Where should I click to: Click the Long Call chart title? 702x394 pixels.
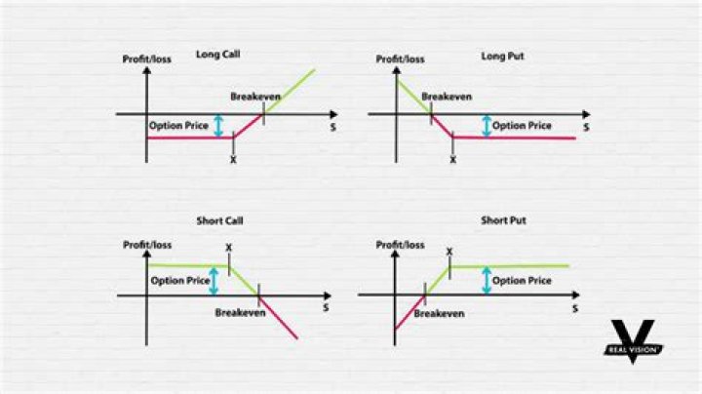point(218,55)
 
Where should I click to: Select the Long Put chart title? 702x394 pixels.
point(502,57)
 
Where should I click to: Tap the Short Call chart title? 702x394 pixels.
point(219,220)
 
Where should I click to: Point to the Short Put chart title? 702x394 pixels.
point(504,220)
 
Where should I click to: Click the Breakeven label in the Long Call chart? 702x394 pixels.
point(255,97)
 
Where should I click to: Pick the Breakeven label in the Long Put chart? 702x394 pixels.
point(447,97)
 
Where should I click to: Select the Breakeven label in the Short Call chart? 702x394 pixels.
point(241,312)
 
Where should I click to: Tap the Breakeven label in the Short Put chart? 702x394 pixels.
point(439,313)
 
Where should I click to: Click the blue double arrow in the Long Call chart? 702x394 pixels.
point(218,126)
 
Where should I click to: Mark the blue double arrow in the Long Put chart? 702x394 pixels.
point(487,126)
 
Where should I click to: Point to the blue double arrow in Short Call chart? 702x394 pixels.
point(214,281)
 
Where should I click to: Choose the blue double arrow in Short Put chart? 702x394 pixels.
point(487,280)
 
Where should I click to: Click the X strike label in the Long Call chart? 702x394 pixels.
point(233,160)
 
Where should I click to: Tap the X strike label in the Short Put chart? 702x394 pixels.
point(449,252)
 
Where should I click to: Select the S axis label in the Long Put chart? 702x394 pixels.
point(587,128)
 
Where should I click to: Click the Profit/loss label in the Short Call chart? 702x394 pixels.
point(147,245)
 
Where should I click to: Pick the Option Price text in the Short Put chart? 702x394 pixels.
point(522,281)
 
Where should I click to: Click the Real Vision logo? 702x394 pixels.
point(633,341)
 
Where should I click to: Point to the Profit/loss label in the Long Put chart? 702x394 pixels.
point(401,59)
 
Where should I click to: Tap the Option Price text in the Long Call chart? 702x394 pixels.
point(178,126)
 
